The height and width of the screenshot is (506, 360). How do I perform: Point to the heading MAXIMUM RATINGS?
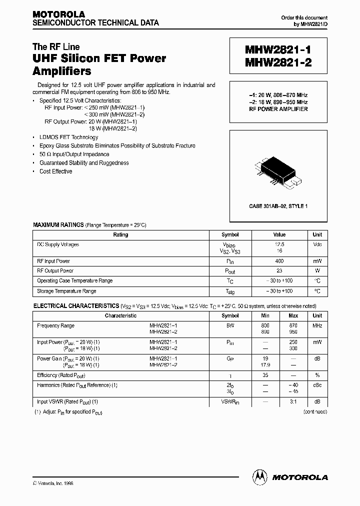point(58,225)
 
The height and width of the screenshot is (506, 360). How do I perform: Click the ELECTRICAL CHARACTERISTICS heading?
point(76,305)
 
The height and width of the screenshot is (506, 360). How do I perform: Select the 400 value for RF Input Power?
point(279,261)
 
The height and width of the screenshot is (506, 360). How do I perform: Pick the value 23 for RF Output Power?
point(279,271)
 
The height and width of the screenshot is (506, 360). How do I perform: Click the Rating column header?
point(120,234)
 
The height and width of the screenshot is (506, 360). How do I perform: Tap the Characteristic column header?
point(120,316)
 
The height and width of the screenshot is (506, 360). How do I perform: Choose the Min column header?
point(265,316)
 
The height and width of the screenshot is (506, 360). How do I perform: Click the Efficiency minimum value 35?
point(265,375)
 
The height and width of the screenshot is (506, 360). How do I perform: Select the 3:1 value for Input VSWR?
point(293,401)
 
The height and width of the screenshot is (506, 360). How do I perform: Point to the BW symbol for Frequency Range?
point(230,325)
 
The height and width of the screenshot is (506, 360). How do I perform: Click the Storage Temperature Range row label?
point(66,291)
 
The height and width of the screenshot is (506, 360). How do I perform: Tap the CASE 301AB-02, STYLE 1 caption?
point(278,206)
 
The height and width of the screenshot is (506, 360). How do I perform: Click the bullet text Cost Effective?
point(55,171)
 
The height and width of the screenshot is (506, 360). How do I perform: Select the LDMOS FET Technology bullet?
point(68,137)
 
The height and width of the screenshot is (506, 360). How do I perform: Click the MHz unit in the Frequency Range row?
point(317,325)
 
